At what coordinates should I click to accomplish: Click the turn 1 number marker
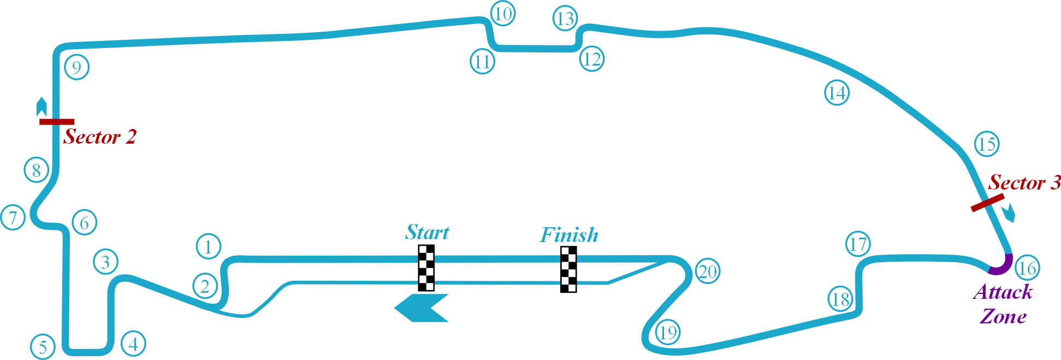click(208, 246)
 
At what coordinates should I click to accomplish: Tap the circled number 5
click(43, 346)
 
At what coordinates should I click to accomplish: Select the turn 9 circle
click(76, 67)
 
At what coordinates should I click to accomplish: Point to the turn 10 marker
click(503, 14)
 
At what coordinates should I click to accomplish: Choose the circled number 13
click(565, 18)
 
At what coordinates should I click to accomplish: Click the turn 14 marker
click(837, 92)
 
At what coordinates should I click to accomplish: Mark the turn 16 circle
click(1027, 268)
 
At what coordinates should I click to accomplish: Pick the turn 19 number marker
click(667, 332)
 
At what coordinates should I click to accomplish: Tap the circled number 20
click(708, 271)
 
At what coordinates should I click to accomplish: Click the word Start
click(427, 232)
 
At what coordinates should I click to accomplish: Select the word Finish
click(569, 235)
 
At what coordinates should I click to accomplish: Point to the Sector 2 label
click(99, 136)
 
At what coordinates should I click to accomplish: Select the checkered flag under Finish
click(570, 271)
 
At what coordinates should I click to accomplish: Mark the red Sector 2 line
click(58, 122)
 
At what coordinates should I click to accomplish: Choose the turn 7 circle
click(13, 217)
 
